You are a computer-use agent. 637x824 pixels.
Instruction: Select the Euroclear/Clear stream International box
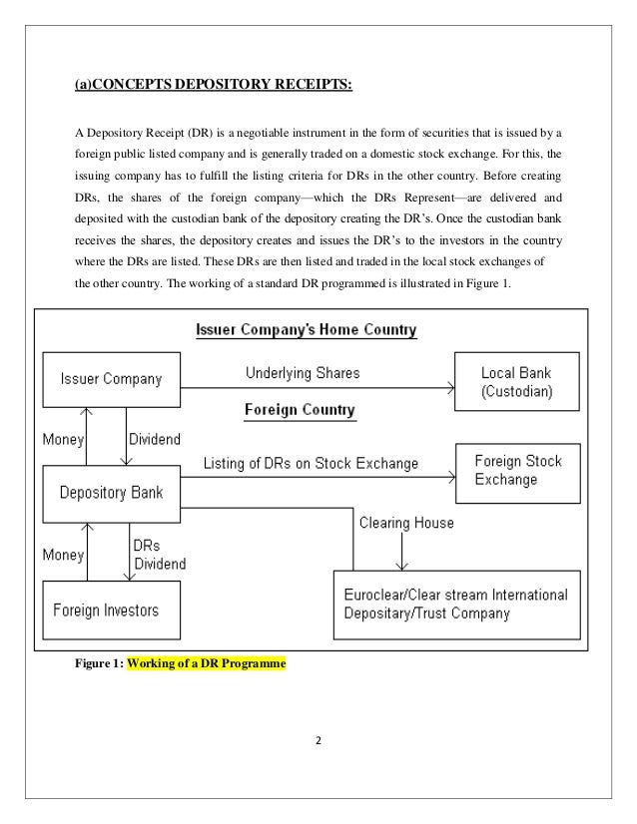tap(455, 603)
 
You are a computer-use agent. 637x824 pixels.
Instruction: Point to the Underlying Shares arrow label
tap(303, 374)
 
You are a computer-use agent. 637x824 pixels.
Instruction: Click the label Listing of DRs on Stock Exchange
tap(312, 464)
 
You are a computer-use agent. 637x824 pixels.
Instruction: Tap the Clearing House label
tap(405, 522)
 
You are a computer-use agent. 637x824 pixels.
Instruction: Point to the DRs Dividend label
tap(158, 555)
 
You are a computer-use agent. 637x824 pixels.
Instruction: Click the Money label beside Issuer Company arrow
tap(61, 439)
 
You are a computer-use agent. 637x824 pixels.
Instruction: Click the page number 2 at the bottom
tap(317, 742)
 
